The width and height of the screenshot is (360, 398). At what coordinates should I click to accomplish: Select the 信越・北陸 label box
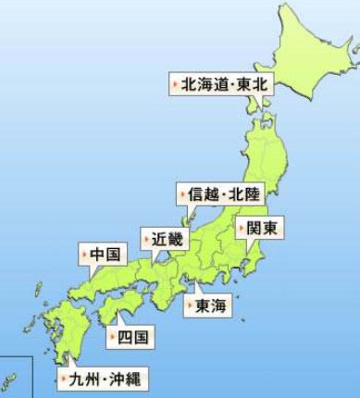tap(219, 195)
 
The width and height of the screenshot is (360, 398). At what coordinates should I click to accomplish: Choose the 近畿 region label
tap(163, 238)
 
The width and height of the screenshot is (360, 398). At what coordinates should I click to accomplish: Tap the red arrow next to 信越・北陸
tap(183, 195)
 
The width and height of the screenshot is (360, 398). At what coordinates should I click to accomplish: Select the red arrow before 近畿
tap(145, 238)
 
